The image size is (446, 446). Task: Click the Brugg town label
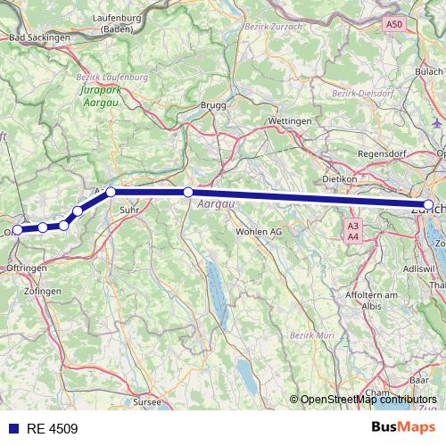(215, 105)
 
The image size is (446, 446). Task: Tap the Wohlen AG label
(258, 231)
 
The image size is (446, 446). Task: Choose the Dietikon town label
(340, 178)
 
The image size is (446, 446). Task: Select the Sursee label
(146, 403)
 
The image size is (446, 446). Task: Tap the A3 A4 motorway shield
(353, 231)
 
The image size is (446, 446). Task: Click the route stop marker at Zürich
(429, 205)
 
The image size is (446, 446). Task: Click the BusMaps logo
(403, 427)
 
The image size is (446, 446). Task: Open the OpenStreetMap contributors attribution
(368, 400)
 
